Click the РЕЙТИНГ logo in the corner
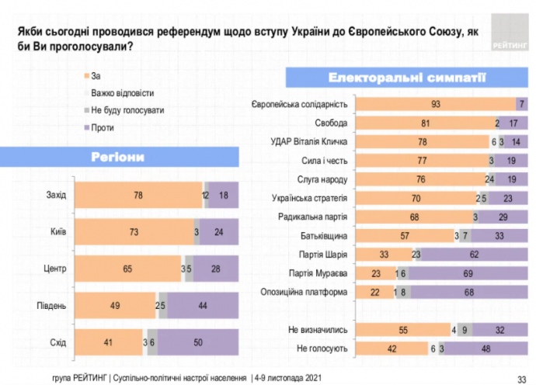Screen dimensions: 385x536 [x=508, y=38]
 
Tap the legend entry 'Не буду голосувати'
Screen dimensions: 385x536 [x=127, y=109]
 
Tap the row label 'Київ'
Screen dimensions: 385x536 [x=57, y=231]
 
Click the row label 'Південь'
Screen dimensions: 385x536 [x=51, y=305]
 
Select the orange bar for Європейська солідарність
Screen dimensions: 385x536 [x=437, y=104]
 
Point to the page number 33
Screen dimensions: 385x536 [x=522, y=376]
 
